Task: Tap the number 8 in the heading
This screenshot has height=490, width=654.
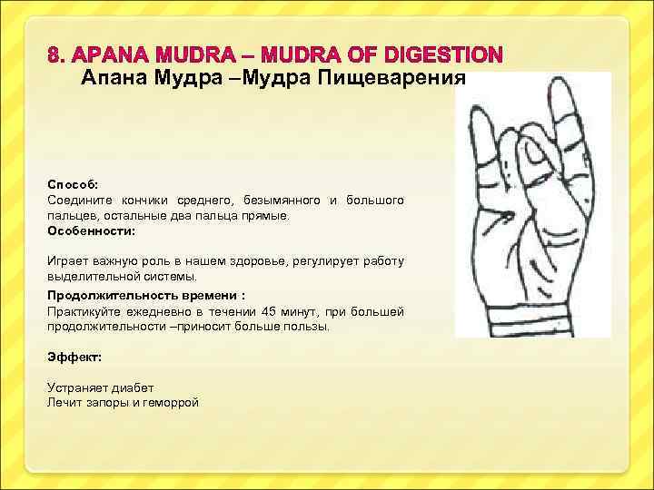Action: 54,54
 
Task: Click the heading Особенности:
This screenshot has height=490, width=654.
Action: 91,231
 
